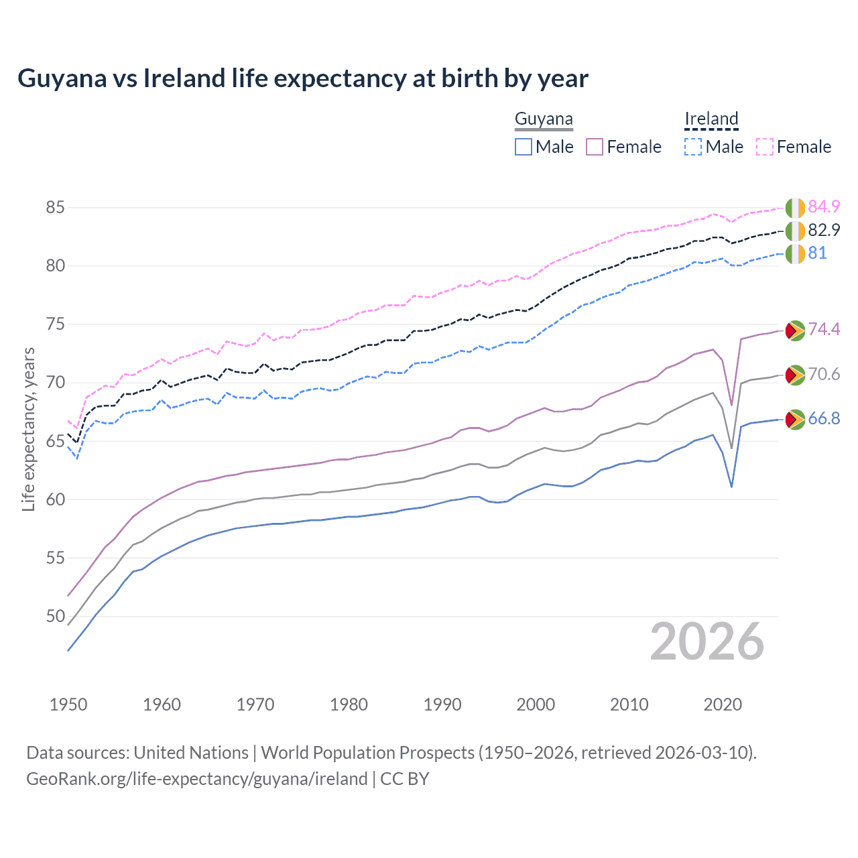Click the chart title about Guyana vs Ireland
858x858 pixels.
303,78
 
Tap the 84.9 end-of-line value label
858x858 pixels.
824,206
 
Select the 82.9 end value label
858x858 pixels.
824,230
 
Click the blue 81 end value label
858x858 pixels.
817,253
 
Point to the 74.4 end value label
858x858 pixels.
824,329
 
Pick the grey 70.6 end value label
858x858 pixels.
824,374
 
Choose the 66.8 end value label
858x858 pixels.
824,419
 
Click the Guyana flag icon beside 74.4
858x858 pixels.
795,330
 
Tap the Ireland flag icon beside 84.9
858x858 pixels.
795,208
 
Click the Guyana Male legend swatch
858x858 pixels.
524,147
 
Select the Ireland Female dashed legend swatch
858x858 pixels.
765,147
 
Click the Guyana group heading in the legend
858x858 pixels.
544,119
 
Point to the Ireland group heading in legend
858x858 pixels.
711,119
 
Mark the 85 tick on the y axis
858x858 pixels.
55,208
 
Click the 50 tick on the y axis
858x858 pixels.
55,616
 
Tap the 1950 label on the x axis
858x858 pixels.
68,704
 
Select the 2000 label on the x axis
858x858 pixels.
536,704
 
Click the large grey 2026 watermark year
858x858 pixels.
707,642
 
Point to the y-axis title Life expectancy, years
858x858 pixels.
29,429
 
